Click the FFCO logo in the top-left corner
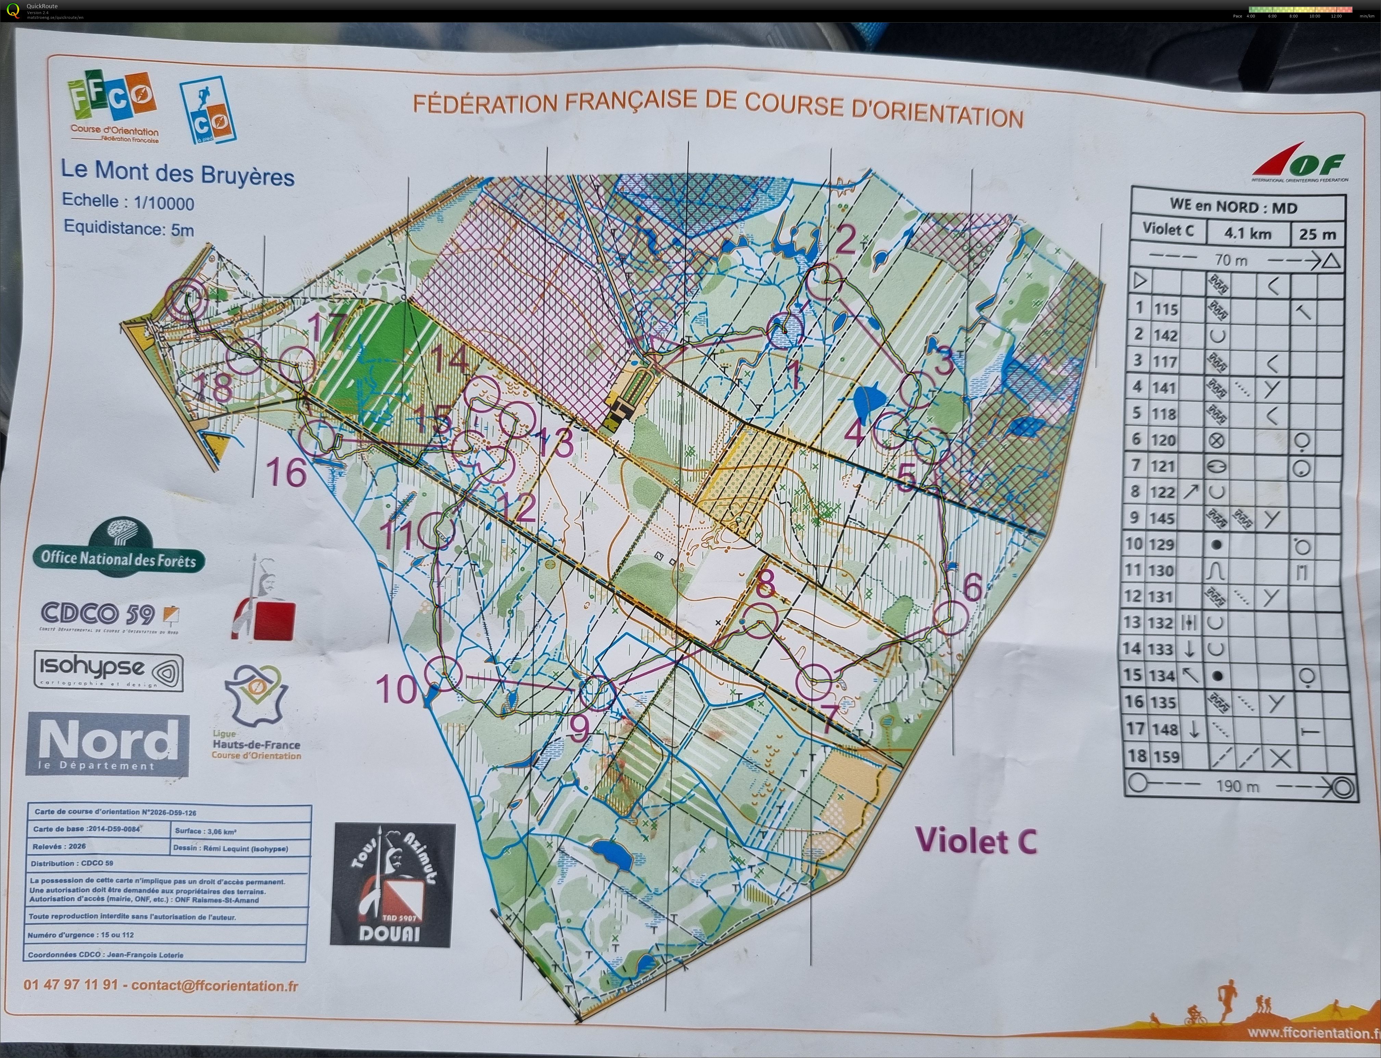click(x=112, y=104)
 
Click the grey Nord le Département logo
click(x=107, y=744)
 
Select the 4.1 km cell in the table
click(x=1247, y=233)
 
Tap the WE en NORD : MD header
click(x=1233, y=206)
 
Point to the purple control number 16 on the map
click(x=287, y=472)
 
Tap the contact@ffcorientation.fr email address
click(x=215, y=985)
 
